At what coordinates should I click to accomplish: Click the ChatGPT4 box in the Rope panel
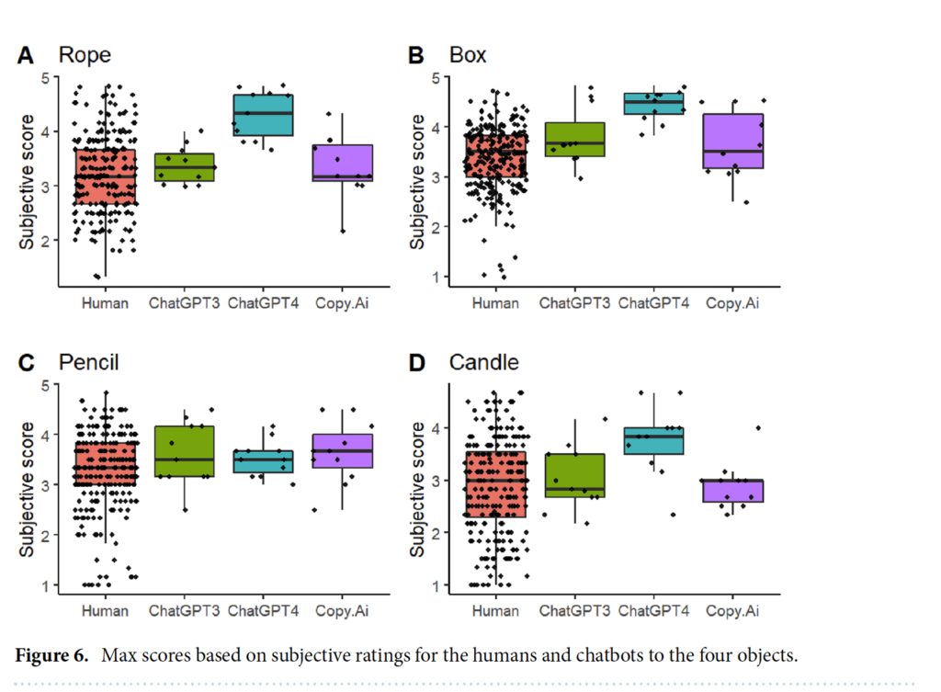(263, 115)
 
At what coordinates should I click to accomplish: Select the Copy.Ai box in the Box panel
(732, 141)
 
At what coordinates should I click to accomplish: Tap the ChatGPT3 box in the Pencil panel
(184, 451)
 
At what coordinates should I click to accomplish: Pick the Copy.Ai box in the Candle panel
(732, 491)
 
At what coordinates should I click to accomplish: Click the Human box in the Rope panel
(105, 176)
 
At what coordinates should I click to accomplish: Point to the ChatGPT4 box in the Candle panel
(653, 440)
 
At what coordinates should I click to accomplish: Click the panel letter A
(25, 56)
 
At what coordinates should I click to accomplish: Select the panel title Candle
(483, 362)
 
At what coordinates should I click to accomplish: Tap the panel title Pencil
(89, 362)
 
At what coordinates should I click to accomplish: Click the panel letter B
(416, 56)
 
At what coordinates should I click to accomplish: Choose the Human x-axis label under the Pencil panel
(105, 611)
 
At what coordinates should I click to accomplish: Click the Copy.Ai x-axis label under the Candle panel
(732, 611)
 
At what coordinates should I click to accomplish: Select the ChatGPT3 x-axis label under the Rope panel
(184, 303)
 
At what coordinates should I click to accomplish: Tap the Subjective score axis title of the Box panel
(416, 182)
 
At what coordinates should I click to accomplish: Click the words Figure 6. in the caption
(51, 655)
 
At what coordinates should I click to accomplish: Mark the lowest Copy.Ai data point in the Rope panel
(344, 231)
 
